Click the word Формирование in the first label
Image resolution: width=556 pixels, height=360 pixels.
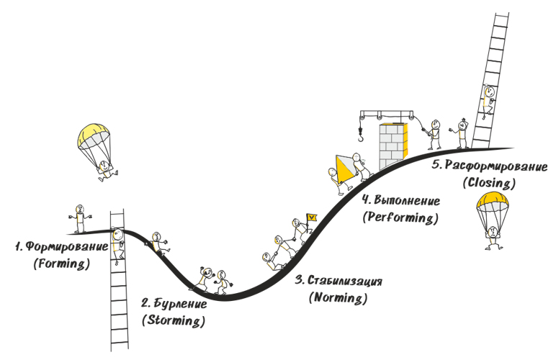66,247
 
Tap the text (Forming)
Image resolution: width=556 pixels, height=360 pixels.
60,264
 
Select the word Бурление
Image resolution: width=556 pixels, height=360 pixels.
179,303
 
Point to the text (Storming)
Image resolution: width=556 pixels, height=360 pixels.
173,320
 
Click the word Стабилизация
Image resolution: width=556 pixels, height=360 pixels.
348,280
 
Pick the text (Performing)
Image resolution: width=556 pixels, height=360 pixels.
400,217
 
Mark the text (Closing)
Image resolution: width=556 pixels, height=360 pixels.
490,182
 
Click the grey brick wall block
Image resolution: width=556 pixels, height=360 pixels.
392,144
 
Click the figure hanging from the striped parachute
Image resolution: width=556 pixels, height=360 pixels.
105,170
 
